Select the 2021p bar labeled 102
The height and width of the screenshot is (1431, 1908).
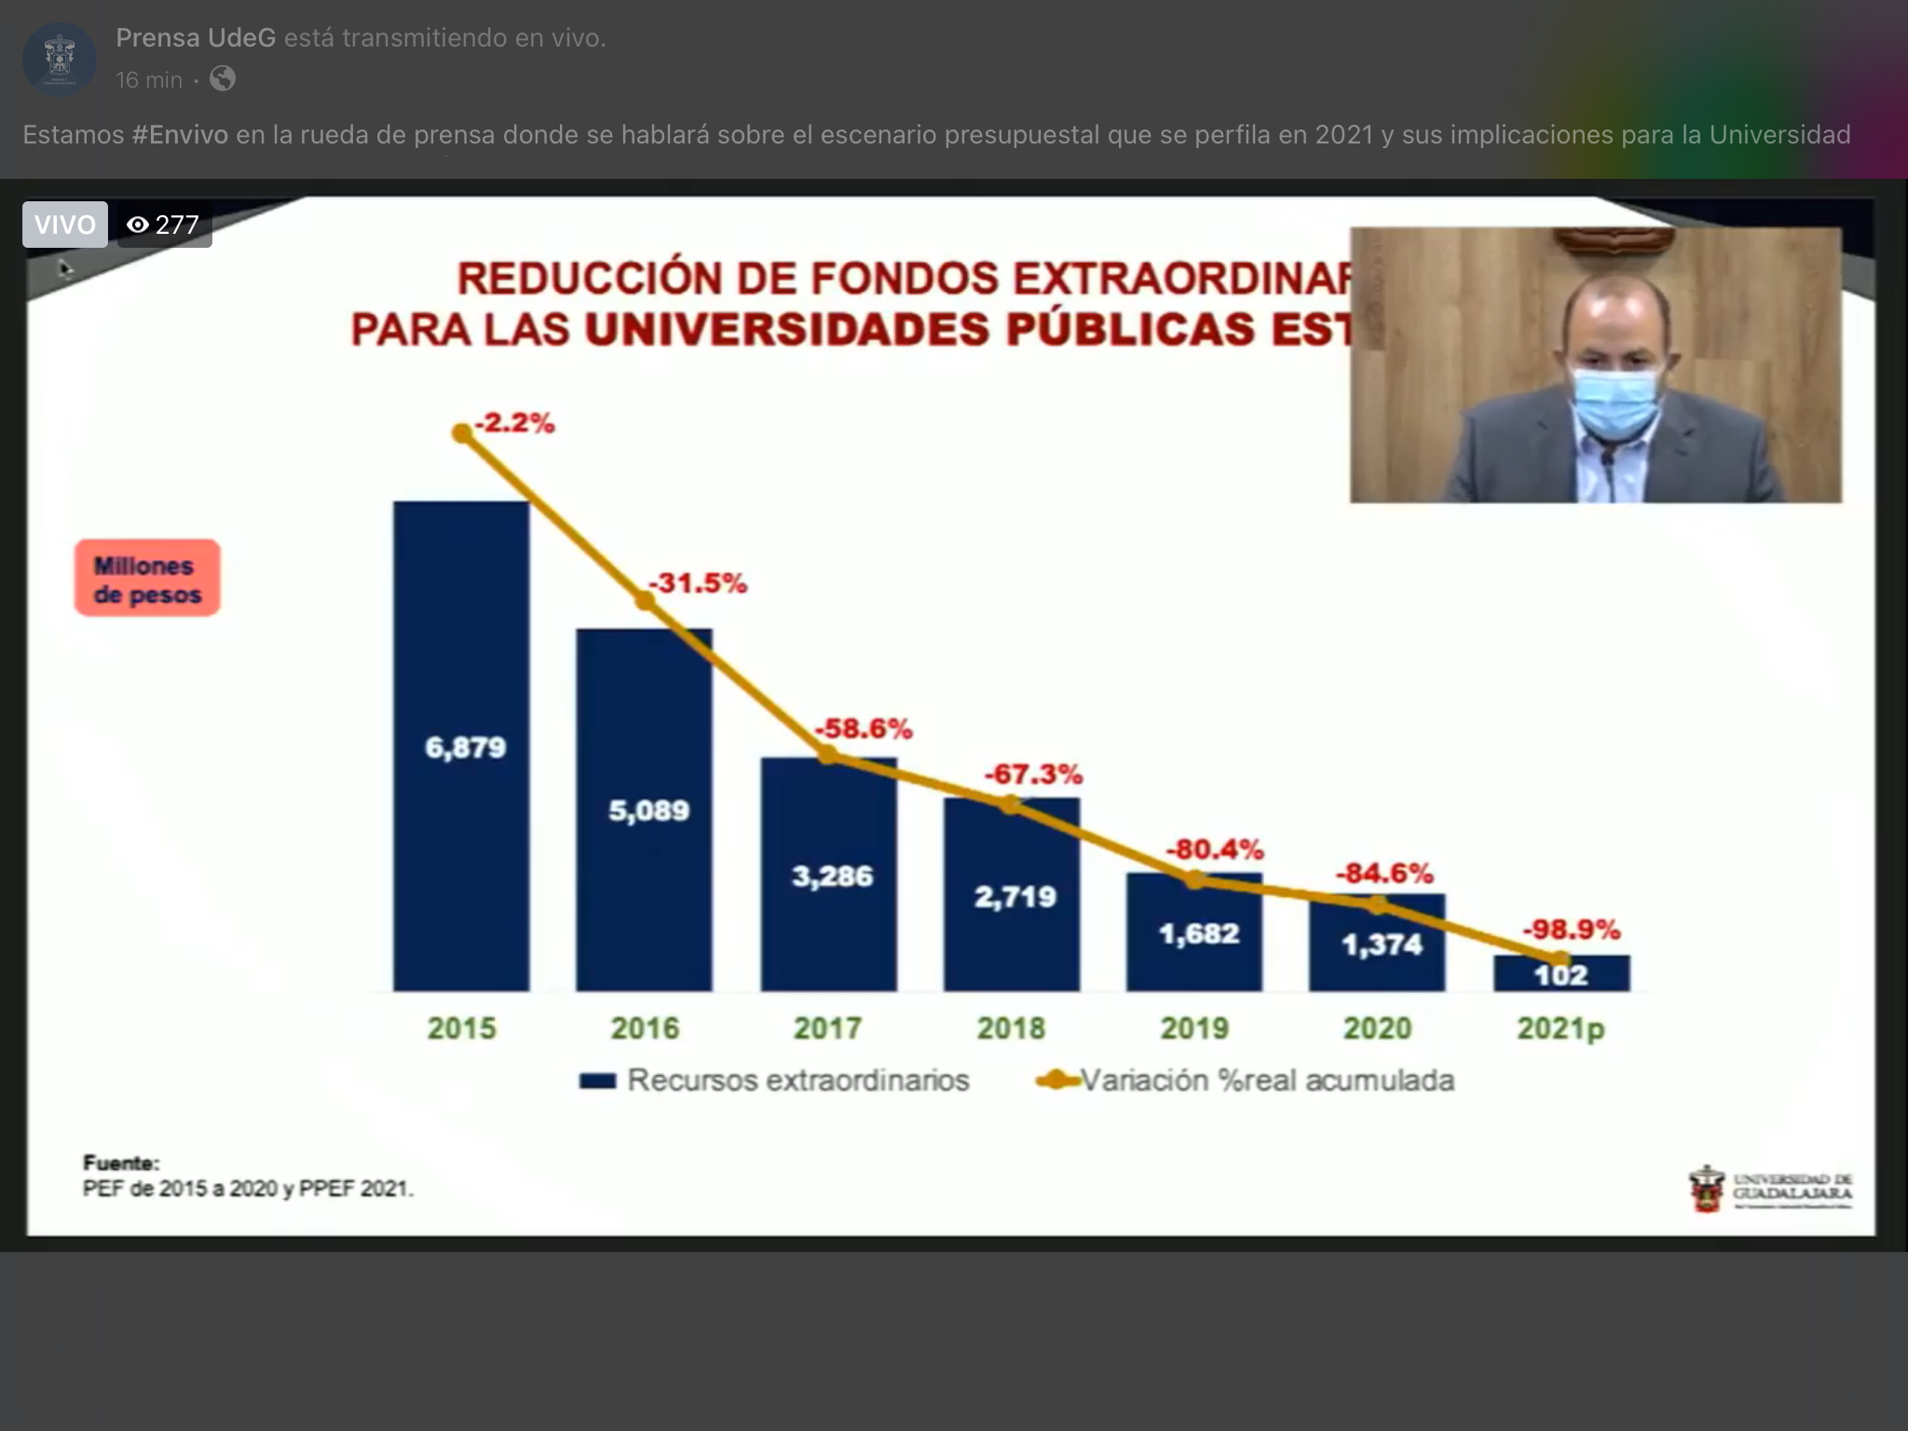(x=1561, y=974)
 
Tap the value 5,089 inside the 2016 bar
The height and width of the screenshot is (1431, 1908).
(x=648, y=811)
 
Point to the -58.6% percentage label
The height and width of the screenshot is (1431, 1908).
(x=864, y=729)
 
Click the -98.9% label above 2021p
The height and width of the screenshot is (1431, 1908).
(x=1571, y=929)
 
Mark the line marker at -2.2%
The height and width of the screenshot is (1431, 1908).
(x=462, y=433)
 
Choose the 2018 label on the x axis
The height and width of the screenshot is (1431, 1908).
(x=1011, y=1029)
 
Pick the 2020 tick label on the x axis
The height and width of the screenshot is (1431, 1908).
(x=1377, y=1029)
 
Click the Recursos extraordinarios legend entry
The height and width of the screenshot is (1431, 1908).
(x=774, y=1081)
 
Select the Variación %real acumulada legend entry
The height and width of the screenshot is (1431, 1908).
(x=1246, y=1081)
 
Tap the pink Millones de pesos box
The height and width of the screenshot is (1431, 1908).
(x=147, y=579)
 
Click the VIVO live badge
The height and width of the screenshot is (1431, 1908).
(x=65, y=225)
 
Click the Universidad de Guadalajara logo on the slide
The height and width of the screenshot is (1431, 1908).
(x=1771, y=1189)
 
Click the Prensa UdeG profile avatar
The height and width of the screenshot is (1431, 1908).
(x=60, y=59)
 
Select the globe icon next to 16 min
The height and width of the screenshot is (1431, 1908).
(x=223, y=79)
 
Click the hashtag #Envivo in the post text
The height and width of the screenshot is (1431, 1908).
(x=180, y=135)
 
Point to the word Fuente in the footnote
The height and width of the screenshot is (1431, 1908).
(x=121, y=1163)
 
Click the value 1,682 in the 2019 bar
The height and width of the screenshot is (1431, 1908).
(x=1198, y=934)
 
